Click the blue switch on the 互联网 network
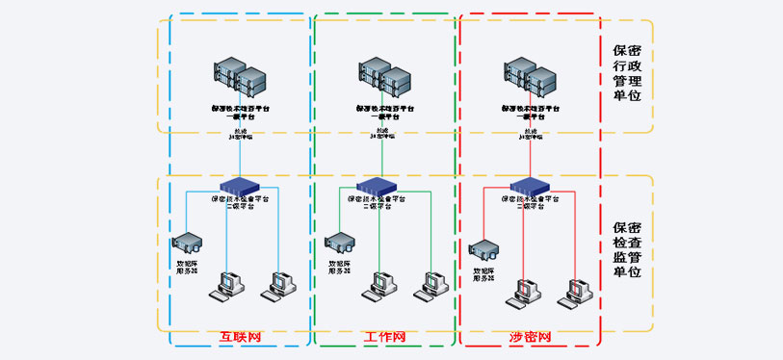240,185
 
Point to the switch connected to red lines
529,185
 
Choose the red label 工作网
385,338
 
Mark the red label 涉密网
530,338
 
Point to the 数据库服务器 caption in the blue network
186,267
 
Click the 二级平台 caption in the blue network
240,204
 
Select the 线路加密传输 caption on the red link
529,135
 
